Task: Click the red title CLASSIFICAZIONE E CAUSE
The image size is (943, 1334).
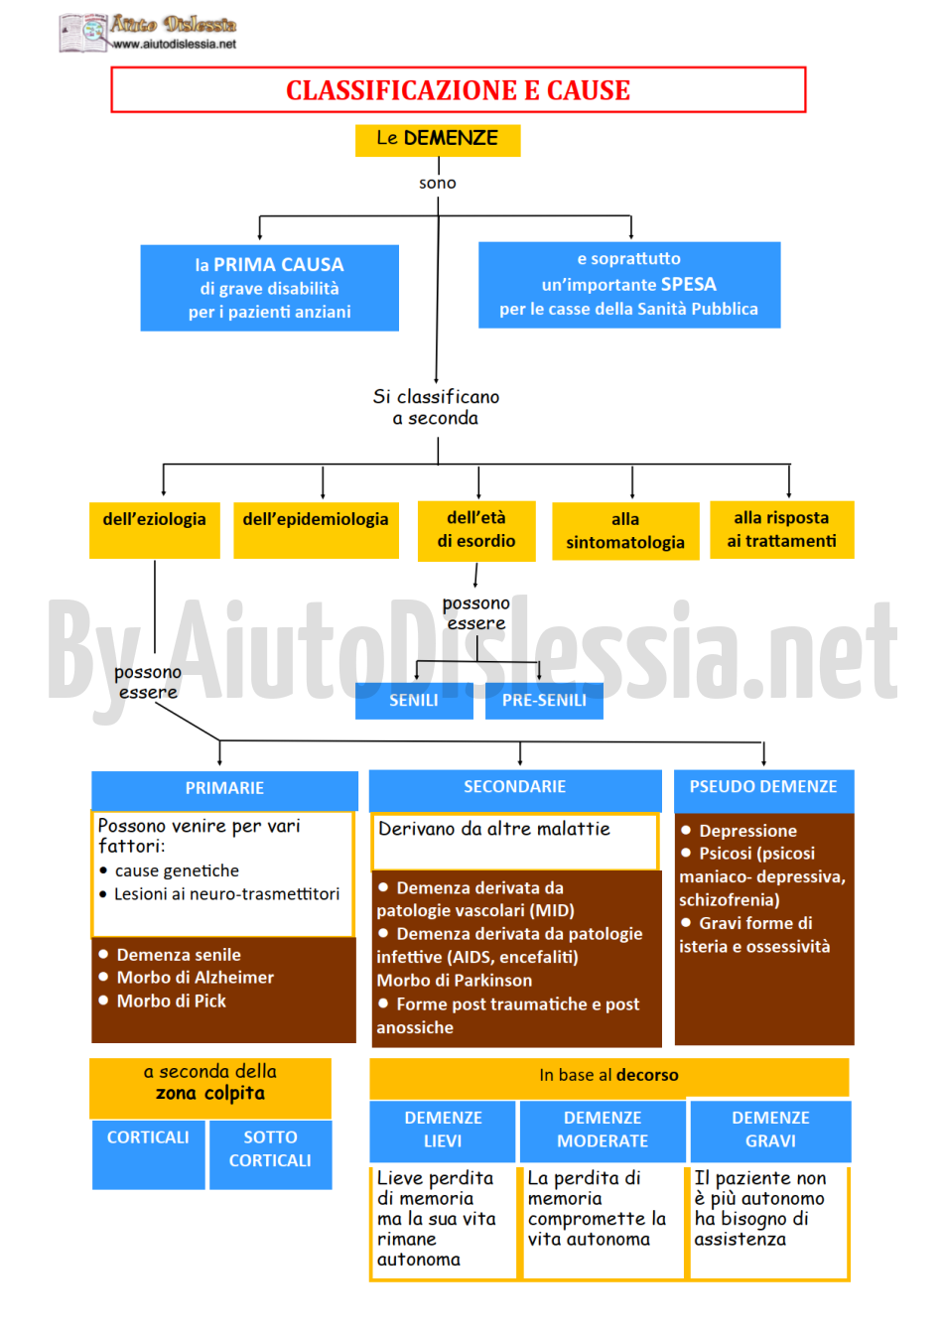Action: (x=458, y=90)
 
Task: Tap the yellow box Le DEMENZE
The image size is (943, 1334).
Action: (x=437, y=140)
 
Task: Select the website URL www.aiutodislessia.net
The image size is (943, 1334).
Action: (x=174, y=44)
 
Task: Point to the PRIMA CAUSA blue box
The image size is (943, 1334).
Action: (x=269, y=288)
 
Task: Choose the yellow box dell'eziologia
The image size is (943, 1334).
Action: (x=154, y=529)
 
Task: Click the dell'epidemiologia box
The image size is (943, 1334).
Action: (x=316, y=530)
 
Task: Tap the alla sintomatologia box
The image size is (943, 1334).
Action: (x=625, y=531)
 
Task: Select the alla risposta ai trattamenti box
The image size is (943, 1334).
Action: (x=781, y=529)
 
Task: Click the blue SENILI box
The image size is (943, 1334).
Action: (x=414, y=701)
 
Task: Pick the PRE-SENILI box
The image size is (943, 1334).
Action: (x=544, y=701)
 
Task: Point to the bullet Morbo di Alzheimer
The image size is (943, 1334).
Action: (x=187, y=978)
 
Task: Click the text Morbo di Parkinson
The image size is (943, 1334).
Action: (x=454, y=981)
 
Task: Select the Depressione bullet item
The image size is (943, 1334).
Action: (x=739, y=830)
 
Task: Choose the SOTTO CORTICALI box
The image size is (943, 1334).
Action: (x=270, y=1154)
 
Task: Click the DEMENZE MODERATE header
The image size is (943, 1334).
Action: (x=603, y=1131)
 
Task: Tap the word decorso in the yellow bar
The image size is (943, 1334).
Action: (x=647, y=1075)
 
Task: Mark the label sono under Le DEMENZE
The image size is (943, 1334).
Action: (x=437, y=183)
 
